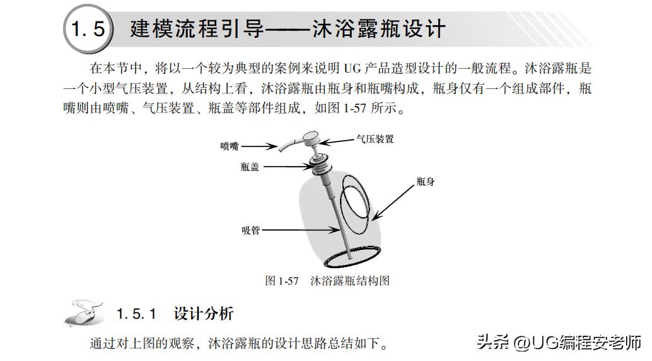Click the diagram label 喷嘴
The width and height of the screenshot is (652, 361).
[x=230, y=146]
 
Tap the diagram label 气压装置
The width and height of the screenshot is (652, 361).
[x=375, y=139]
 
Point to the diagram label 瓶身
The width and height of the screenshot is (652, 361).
[x=425, y=182]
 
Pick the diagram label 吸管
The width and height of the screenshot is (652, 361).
[x=250, y=230]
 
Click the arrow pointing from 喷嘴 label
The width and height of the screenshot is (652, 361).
[x=259, y=146]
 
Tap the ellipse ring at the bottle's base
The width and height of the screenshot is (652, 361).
[x=349, y=257]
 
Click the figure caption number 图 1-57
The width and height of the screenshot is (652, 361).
[x=281, y=280]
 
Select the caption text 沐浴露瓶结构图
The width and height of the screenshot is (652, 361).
[x=350, y=280]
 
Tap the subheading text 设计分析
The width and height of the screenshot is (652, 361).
[x=203, y=314]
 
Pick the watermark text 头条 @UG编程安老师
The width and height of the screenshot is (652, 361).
[x=558, y=343]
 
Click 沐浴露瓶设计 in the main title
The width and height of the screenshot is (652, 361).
[x=379, y=29]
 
